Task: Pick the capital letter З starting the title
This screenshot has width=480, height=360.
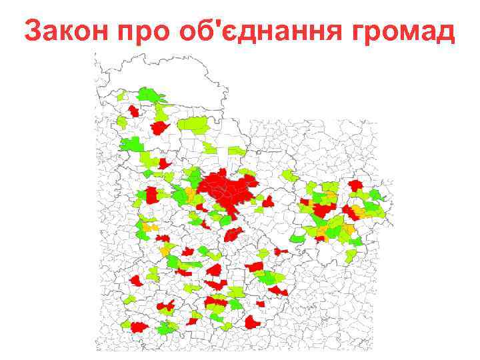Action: tap(32, 31)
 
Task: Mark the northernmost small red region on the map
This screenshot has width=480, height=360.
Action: tap(133, 111)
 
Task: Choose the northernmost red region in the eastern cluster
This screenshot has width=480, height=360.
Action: tap(355, 185)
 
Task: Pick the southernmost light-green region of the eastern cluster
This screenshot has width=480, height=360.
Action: tap(351, 255)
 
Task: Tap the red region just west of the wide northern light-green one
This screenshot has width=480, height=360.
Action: tap(160, 127)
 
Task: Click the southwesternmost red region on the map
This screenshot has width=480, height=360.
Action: tap(139, 327)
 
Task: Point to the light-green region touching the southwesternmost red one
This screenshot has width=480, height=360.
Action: tap(125, 325)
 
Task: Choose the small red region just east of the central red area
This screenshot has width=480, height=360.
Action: tap(268, 201)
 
